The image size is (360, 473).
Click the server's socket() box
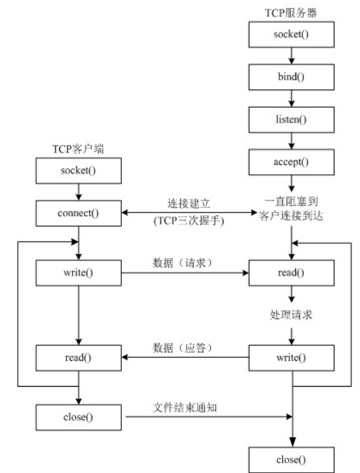tap(290, 34)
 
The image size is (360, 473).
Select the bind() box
tap(290, 74)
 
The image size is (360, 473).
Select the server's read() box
tap(290, 273)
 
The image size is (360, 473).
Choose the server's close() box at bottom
tap(290, 459)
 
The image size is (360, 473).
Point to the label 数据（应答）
tap(185, 346)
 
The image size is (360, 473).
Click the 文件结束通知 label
tap(185, 407)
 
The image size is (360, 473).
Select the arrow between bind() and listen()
tap(290, 95)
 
